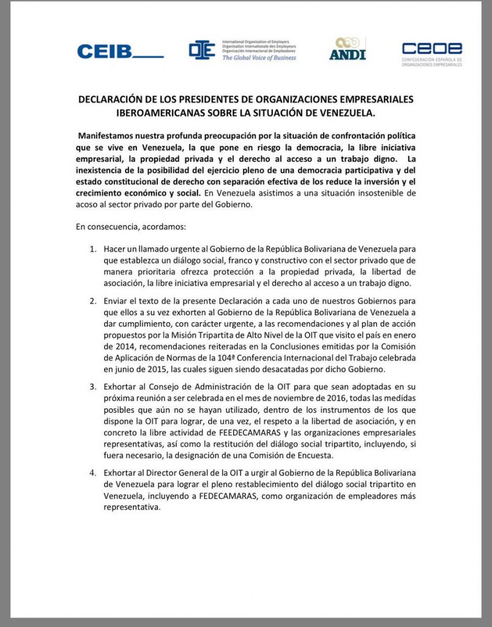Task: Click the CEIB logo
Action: (120, 51)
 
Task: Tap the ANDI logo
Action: (347, 49)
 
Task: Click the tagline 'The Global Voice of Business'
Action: (258, 58)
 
